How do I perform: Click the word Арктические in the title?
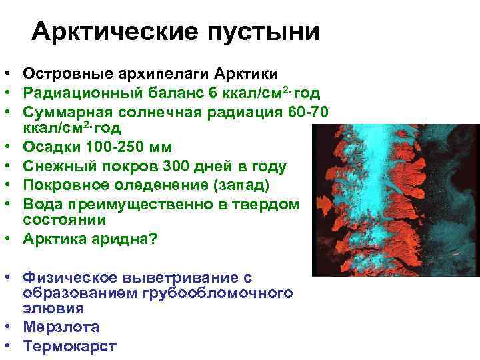[107, 31]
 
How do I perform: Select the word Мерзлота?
[61, 327]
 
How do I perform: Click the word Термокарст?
[69, 346]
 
